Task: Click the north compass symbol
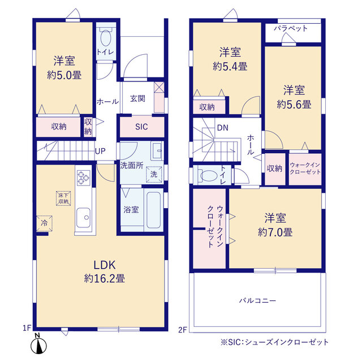coord(38,344)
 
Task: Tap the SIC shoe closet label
coord(141,127)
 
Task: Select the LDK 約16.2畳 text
coord(104,271)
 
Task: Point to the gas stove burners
coord(83,178)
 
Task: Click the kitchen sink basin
coord(83,217)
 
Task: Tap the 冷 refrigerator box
coord(44,223)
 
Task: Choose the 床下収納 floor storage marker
coord(63,199)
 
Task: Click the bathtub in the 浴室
coord(154,210)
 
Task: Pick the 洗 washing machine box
coord(154,174)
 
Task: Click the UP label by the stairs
coord(101,151)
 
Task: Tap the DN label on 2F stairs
coord(223,128)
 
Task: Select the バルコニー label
coord(257,300)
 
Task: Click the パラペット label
coord(291,28)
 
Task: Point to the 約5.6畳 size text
coord(294,105)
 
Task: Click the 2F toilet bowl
coord(209,176)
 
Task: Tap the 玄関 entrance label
coord(137,98)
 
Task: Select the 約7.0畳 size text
coord(275,232)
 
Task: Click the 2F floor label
coord(182,330)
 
